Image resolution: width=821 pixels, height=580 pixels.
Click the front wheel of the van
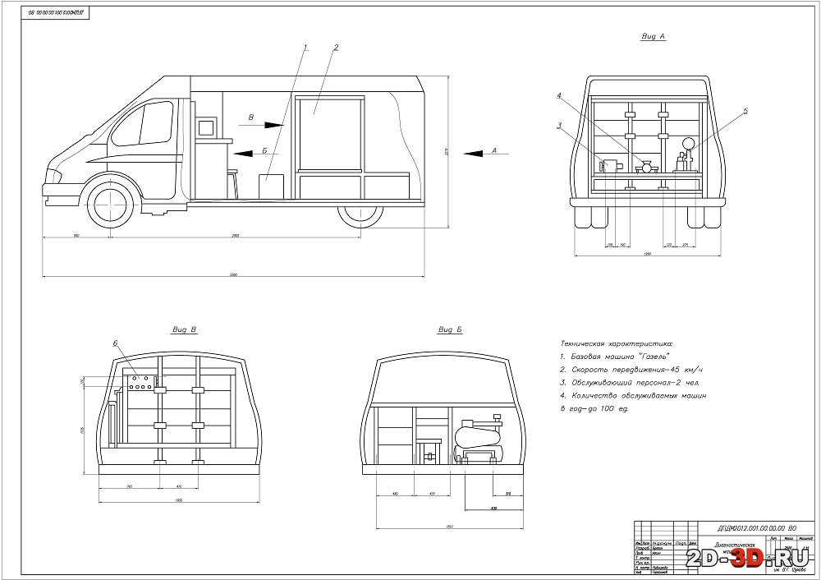[108, 202]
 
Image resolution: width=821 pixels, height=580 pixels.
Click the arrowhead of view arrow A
[466, 153]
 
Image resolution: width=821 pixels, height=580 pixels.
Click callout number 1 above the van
[305, 48]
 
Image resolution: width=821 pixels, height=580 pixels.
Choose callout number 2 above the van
[336, 48]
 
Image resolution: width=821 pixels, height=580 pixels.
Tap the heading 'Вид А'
[652, 37]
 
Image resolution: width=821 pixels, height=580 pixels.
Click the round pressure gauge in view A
[687, 145]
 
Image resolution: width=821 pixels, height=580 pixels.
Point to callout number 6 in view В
[116, 343]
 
